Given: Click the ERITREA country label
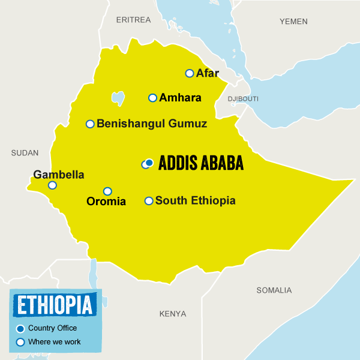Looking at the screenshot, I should tap(133, 20).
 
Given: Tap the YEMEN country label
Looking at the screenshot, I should tap(293, 22).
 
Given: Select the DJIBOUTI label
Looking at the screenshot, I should tap(243, 98).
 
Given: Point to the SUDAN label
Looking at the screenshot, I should tap(25, 153).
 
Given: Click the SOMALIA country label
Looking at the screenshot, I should tap(274, 290).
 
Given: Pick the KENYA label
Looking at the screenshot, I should tap(173, 314).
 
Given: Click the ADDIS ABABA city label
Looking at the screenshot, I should tap(201, 164).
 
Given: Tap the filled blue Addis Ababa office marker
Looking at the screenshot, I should tap(149, 163).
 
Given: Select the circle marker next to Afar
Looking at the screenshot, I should tap(190, 73).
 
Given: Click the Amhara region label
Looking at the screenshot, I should tap(180, 98).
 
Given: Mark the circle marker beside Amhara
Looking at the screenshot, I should tap(152, 98).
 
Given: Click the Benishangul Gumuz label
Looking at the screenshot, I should tap(152, 124).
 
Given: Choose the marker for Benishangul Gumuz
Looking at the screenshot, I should tap(90, 124).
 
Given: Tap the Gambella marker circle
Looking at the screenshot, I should tap(52, 185).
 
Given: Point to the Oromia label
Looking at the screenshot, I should tap(106, 202).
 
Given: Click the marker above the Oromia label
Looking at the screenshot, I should tap(107, 191).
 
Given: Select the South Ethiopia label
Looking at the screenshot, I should tap(195, 201).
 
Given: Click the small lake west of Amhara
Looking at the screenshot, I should tap(118, 97).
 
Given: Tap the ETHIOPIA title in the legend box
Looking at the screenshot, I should tap(55, 305).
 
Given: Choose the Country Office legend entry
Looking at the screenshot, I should tap(52, 328).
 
